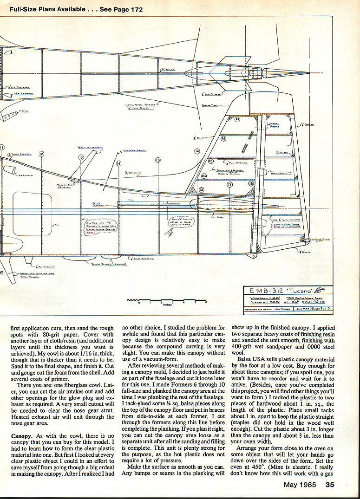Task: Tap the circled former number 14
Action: [118, 163]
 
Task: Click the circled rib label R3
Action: [210, 161]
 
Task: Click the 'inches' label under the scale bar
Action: [168, 305]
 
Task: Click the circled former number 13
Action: [80, 157]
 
